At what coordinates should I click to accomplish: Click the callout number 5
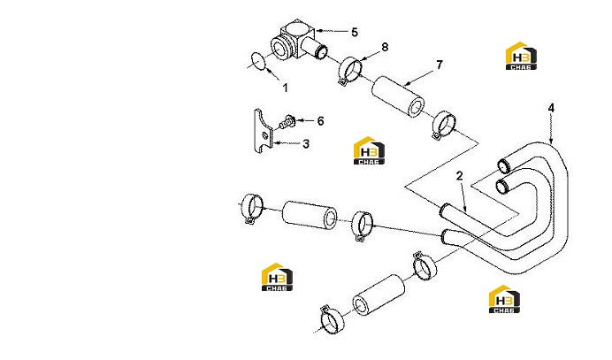click(355, 32)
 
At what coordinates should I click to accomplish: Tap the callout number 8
click(385, 47)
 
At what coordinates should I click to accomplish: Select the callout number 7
click(440, 65)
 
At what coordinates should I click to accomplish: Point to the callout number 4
click(551, 108)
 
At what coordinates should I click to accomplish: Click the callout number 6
click(320, 121)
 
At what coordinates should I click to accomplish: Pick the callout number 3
click(306, 144)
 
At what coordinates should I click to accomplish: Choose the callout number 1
click(286, 88)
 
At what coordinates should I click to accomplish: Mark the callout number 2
click(459, 176)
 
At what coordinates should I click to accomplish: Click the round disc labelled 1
click(257, 61)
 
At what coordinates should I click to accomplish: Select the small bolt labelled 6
click(287, 122)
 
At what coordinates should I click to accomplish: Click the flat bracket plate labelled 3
click(263, 131)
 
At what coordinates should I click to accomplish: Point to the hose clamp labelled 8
click(349, 70)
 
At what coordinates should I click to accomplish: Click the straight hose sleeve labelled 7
click(398, 96)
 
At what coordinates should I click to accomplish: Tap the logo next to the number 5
click(521, 56)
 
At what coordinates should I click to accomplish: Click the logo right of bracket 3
click(369, 150)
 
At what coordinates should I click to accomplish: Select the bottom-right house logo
click(504, 299)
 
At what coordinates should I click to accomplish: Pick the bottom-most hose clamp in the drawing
click(331, 318)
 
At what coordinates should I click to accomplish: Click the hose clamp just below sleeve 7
click(444, 125)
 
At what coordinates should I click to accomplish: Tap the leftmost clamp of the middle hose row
click(252, 209)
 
